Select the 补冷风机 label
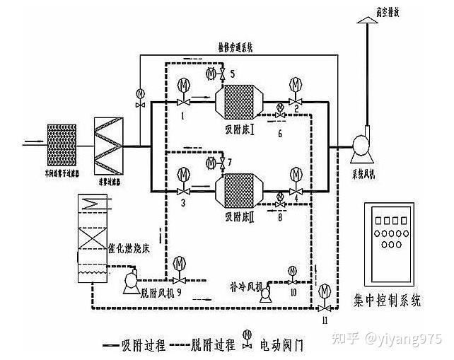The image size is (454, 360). point(245,287)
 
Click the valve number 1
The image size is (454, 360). point(182,115)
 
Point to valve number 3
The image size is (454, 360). point(182,202)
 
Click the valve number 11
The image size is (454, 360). point(325,320)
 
